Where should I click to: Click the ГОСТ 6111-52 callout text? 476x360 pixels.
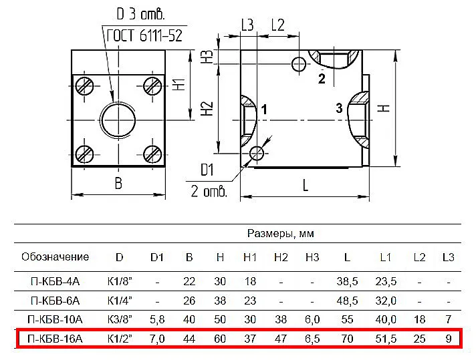coord(144,36)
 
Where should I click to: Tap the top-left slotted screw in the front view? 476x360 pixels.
coord(84,86)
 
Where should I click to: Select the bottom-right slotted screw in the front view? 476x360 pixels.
coord(152,154)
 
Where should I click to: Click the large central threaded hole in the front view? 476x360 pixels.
coord(118,120)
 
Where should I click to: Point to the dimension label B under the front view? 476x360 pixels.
coord(118,183)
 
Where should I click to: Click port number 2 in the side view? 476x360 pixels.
coord(322,79)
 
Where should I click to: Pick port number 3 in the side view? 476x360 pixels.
coord(339,108)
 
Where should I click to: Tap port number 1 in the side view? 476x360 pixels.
coord(264,110)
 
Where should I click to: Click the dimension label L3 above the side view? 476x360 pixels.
coord(247,25)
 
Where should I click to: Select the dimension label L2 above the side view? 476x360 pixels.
coord(277,25)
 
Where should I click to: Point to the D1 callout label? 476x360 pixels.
coord(207,170)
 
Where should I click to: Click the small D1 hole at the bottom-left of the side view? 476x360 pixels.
coord(257,153)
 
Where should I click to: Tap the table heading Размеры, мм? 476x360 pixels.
coord(280,233)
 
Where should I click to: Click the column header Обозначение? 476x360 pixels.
coord(55,257)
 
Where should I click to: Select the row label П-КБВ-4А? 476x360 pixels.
coord(55,281)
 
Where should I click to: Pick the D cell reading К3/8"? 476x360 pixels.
coord(120,319)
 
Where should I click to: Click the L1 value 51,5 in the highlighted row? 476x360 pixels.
coord(386,339)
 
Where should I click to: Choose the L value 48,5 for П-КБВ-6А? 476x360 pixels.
coord(347,301)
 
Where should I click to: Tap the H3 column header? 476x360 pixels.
coord(312,258)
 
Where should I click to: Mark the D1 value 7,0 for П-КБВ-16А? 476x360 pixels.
coord(157,339)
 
